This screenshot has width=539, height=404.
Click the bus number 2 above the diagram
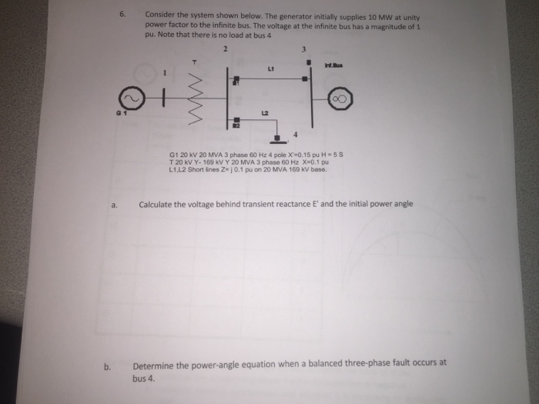[x=226, y=48]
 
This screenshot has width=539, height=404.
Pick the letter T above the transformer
[x=196, y=59]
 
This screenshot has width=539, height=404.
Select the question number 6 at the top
[x=122, y=14]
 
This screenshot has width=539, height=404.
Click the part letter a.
[x=113, y=205]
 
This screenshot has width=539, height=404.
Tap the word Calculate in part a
[x=159, y=205]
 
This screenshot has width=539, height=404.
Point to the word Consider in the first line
[x=161, y=15]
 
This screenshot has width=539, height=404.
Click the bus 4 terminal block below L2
[x=278, y=139]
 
